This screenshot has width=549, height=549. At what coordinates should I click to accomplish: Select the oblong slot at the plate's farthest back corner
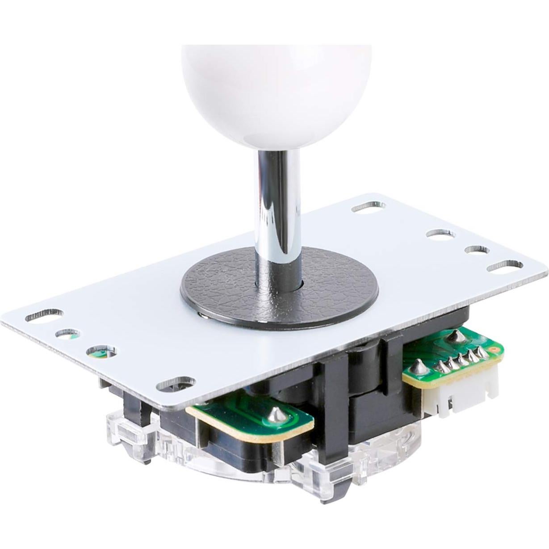(x=368, y=207)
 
